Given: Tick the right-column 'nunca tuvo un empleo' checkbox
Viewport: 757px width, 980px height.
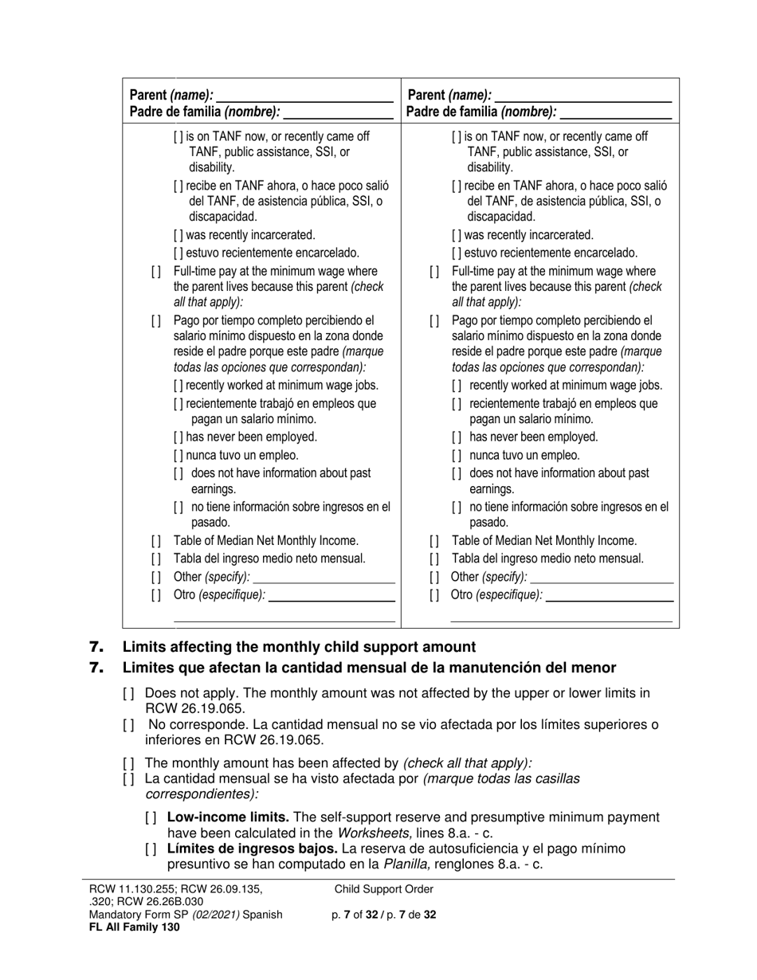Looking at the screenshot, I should [x=457, y=456].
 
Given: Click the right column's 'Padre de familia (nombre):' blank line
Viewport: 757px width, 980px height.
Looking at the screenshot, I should [x=615, y=112].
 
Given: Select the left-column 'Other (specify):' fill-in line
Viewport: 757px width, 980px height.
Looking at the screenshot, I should [x=324, y=577].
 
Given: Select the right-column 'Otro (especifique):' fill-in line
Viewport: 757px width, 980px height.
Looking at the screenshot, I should [x=610, y=595].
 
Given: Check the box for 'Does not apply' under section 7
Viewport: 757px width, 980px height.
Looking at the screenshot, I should [x=129, y=694].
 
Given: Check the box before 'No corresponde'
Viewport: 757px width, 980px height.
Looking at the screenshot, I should [x=129, y=725].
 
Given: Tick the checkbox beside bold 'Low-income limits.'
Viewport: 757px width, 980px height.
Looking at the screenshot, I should [x=151, y=817].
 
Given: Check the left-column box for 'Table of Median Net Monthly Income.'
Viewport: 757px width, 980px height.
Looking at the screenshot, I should [x=155, y=541].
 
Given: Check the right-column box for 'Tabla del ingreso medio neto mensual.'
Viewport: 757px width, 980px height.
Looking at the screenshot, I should [x=434, y=559].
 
